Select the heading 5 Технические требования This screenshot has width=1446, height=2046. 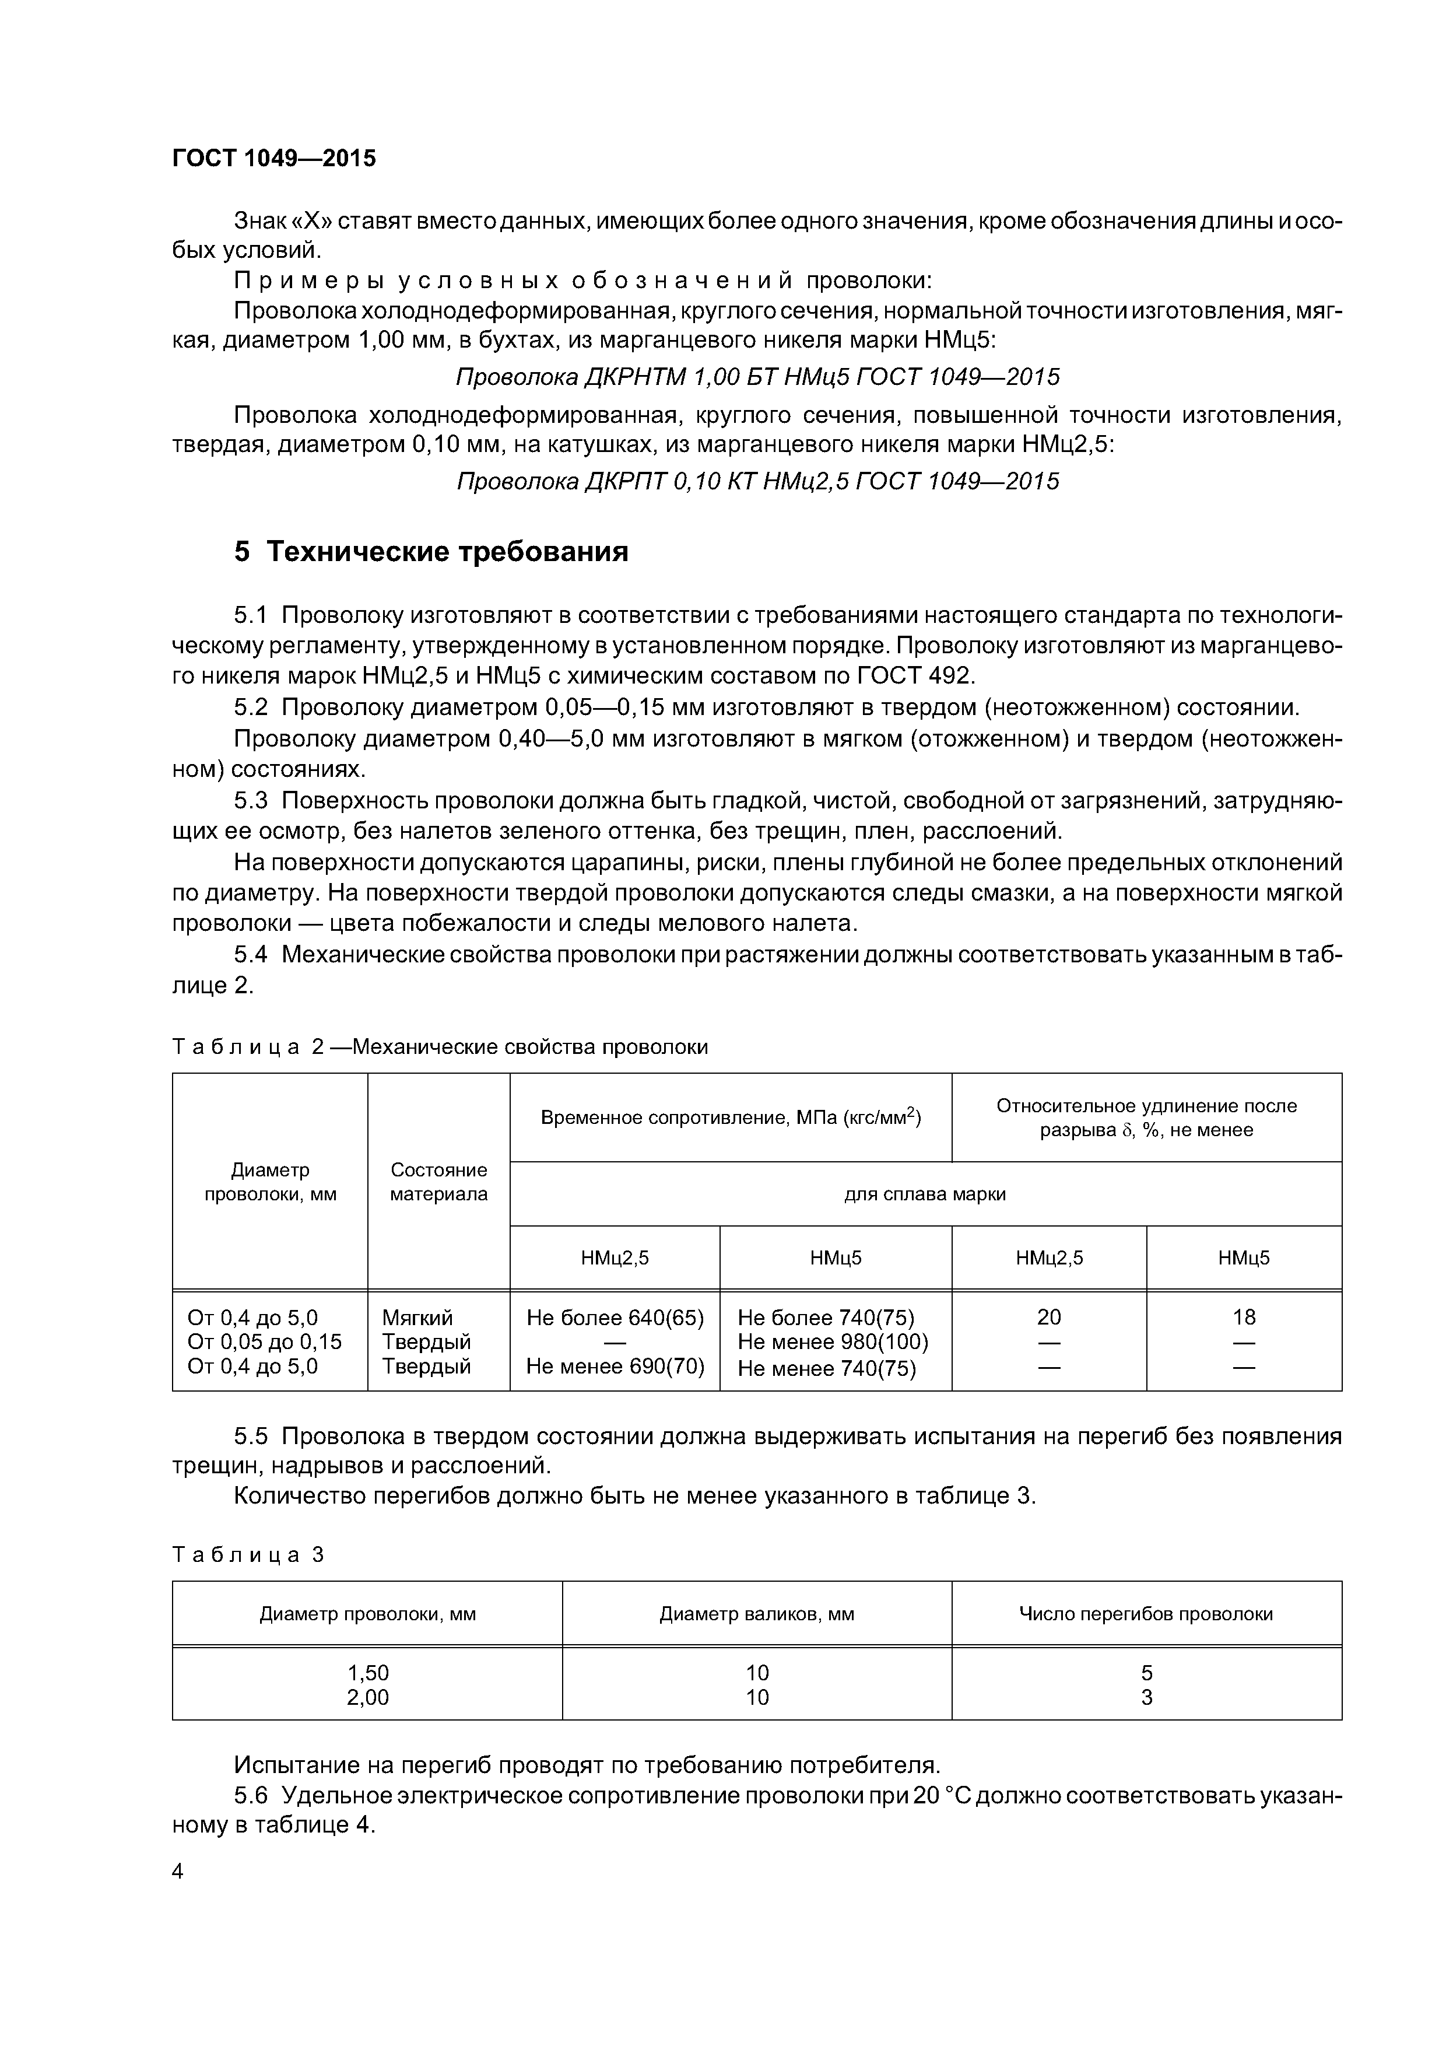[431, 552]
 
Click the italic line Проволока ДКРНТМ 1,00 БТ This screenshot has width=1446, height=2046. [757, 377]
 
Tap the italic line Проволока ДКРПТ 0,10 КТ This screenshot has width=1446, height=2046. [757, 481]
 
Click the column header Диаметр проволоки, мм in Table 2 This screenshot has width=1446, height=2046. [270, 1182]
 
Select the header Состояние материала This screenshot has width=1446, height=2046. [438, 1182]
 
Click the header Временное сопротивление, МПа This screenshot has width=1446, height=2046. [731, 1117]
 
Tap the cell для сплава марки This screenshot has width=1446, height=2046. [925, 1194]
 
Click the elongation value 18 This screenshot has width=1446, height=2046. [1244, 1317]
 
